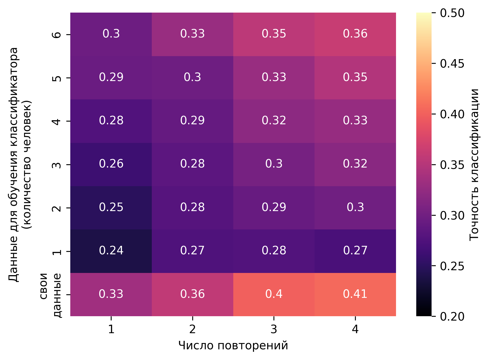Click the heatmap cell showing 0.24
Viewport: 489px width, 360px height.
point(111,251)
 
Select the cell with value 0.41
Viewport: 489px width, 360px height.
point(355,294)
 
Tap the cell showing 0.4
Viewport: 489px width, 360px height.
point(274,294)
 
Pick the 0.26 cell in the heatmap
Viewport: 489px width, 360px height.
point(111,164)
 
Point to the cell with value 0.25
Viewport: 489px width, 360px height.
point(111,208)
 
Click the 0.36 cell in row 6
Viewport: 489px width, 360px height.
point(355,34)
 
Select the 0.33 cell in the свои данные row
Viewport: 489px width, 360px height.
point(111,294)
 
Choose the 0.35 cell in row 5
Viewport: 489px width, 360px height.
point(355,77)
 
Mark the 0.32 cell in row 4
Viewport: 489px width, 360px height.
point(274,121)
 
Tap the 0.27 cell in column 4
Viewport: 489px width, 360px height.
point(355,251)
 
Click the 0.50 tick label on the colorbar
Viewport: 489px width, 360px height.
point(452,13)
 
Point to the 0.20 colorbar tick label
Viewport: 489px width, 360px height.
point(452,316)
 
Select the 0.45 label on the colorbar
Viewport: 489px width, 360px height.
point(452,64)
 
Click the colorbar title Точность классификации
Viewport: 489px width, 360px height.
point(474,164)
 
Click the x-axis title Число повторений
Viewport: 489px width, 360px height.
point(233,346)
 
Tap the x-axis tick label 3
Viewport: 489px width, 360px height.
point(274,329)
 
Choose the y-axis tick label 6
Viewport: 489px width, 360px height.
point(57,34)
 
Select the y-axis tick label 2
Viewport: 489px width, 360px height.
point(57,208)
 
